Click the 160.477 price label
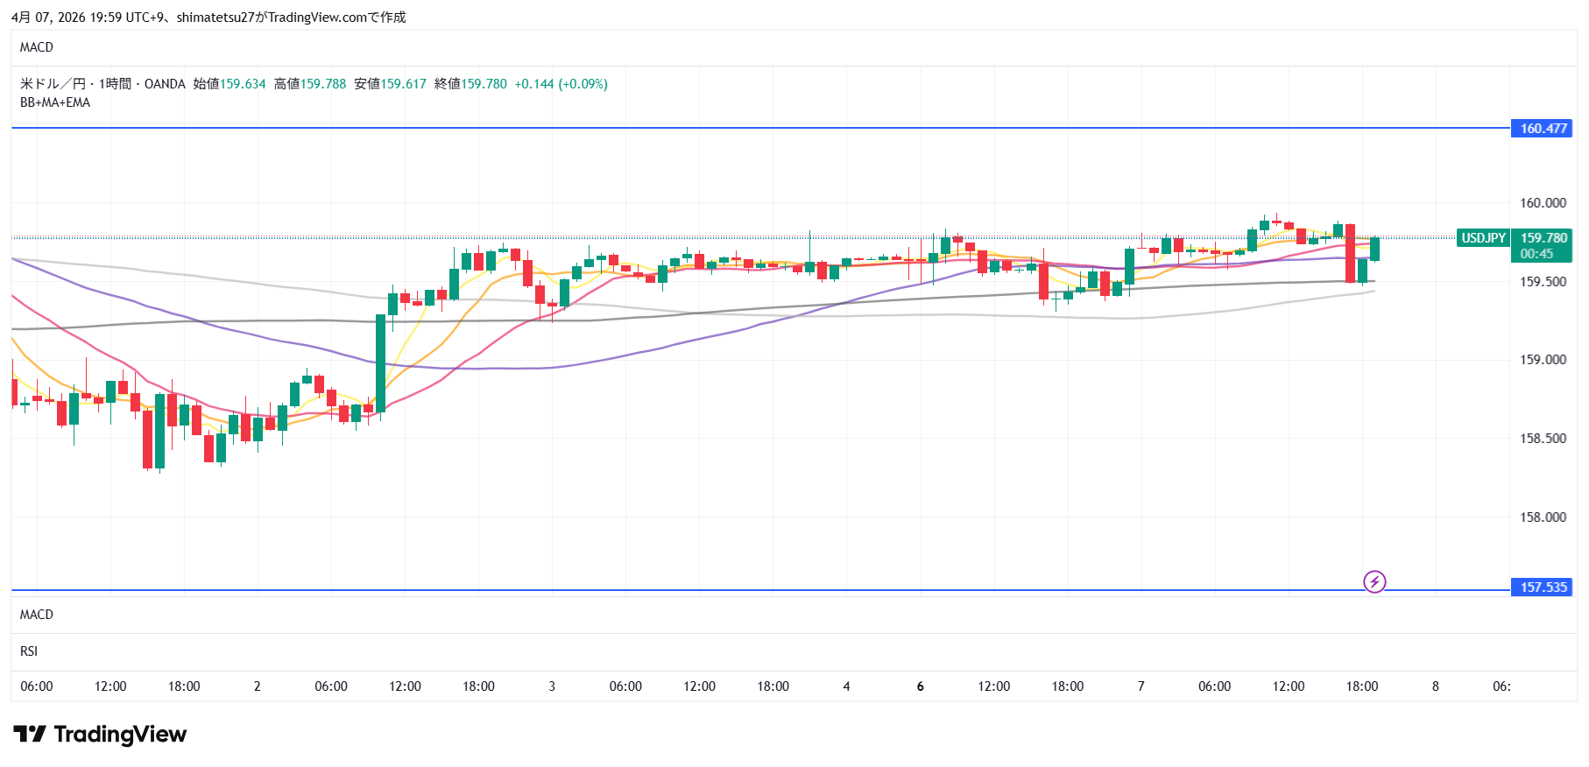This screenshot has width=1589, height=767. pyautogui.click(x=1542, y=129)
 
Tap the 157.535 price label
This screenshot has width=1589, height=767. pyautogui.click(x=1542, y=588)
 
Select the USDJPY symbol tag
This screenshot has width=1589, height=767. pyautogui.click(x=1483, y=238)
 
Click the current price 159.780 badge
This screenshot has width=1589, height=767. pyautogui.click(x=1543, y=238)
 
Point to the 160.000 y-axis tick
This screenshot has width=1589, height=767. pyautogui.click(x=1543, y=203)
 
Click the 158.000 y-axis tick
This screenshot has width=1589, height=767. pyautogui.click(x=1543, y=517)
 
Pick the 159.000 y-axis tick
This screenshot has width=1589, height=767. pyautogui.click(x=1543, y=360)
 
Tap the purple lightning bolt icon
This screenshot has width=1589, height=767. pyautogui.click(x=1374, y=581)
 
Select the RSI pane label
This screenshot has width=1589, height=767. pyautogui.click(x=29, y=651)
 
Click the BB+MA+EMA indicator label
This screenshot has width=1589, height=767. pyautogui.click(x=55, y=102)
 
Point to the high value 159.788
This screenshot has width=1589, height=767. pyautogui.click(x=323, y=84)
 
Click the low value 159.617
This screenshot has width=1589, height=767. pyautogui.click(x=404, y=84)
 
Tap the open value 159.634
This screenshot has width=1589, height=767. pyautogui.click(x=243, y=84)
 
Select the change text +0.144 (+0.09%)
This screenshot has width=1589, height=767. pyautogui.click(x=561, y=84)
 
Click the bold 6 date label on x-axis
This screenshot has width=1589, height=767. pyautogui.click(x=920, y=686)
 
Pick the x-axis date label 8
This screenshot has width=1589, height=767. pyautogui.click(x=1435, y=686)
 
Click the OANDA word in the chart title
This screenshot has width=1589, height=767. pyautogui.click(x=165, y=84)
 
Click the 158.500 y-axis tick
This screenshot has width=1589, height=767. pyautogui.click(x=1543, y=439)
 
